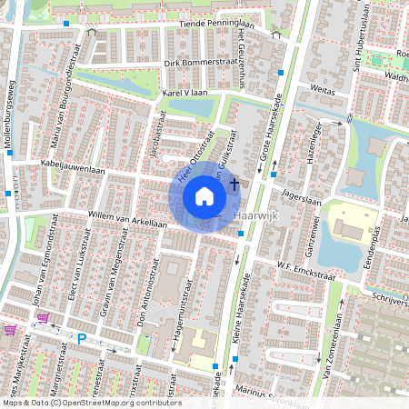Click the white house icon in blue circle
204,196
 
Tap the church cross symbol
234,185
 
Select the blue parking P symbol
81,339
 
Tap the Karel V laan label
186,93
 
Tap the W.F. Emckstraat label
301,265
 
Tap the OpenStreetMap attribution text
91,402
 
